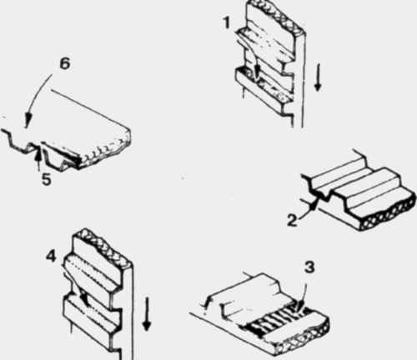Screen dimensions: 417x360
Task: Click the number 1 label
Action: point(228,22)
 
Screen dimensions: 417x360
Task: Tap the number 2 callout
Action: point(292,221)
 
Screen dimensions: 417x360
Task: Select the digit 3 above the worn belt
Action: point(309,267)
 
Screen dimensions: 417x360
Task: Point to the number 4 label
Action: point(51,257)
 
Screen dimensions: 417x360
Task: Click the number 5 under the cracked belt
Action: point(47,179)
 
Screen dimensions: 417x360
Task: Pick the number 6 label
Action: point(65,64)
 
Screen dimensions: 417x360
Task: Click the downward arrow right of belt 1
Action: point(318,77)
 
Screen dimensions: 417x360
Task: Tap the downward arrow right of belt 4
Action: point(146,314)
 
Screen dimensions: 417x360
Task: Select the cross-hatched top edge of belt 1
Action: point(275,14)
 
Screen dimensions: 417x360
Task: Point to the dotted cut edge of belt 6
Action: point(107,152)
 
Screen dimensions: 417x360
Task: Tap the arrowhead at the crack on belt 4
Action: point(83,297)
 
